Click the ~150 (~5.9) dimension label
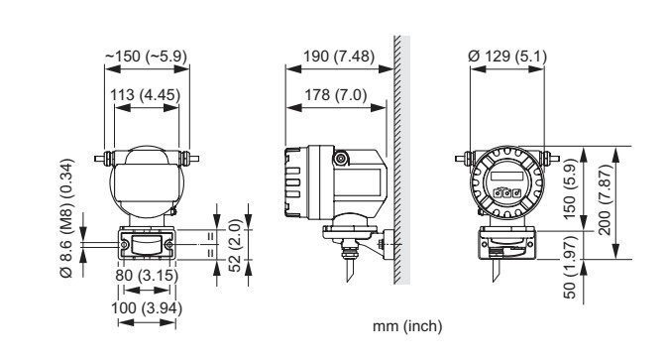(146, 57)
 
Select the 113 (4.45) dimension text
(146, 95)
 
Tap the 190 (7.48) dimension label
(339, 57)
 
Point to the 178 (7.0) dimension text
(336, 95)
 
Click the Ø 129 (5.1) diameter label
(507, 57)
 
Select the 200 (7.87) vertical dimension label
(605, 199)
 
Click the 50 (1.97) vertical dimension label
(570, 267)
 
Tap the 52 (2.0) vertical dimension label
(235, 245)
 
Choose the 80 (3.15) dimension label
(147, 276)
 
